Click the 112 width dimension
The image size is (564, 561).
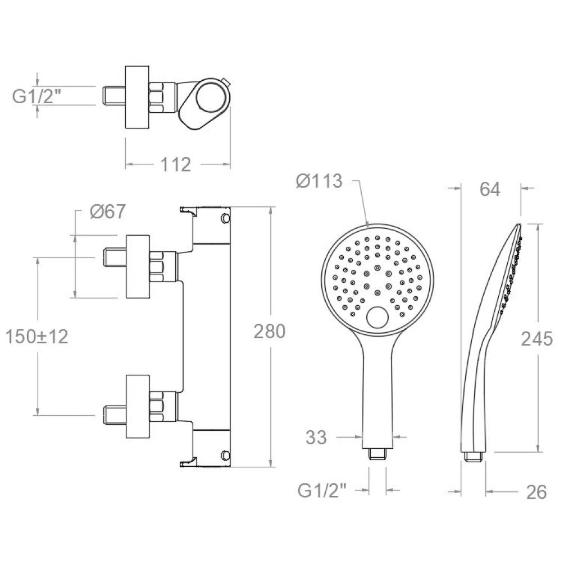pyautogui.click(x=175, y=165)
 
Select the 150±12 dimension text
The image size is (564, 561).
pyautogui.click(x=37, y=337)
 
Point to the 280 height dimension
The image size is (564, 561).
pyautogui.click(x=270, y=331)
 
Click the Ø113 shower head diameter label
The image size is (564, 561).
pyautogui.click(x=319, y=181)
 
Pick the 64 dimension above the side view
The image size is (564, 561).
pyautogui.click(x=490, y=189)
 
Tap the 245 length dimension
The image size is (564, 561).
pyautogui.click(x=536, y=339)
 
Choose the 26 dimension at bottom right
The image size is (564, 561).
pyautogui.click(x=536, y=492)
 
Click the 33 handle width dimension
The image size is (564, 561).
pyautogui.click(x=316, y=438)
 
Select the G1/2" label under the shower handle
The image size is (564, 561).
pyautogui.click(x=322, y=491)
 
